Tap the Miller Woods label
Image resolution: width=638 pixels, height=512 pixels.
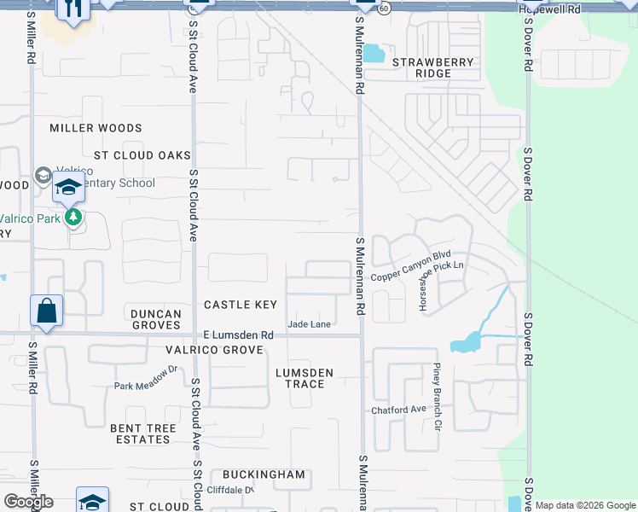(96, 128)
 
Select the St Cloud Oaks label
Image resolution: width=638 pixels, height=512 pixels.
(142, 155)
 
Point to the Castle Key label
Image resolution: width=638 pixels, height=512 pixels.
(241, 305)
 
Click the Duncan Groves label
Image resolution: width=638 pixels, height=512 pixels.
(156, 319)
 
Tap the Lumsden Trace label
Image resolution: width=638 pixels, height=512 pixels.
(304, 378)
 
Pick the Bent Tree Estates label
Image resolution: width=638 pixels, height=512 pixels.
(142, 433)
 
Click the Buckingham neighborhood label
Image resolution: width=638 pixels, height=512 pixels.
(264, 474)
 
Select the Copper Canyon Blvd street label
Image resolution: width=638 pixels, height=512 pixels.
(410, 265)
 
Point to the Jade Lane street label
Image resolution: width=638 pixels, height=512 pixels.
(309, 324)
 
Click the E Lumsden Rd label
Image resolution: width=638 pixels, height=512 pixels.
(238, 336)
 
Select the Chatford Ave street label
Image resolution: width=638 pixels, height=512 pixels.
(397, 410)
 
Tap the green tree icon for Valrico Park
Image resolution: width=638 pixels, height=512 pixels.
(74, 218)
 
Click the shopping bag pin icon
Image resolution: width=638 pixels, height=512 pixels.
(47, 312)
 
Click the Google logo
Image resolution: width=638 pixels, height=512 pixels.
(28, 502)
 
